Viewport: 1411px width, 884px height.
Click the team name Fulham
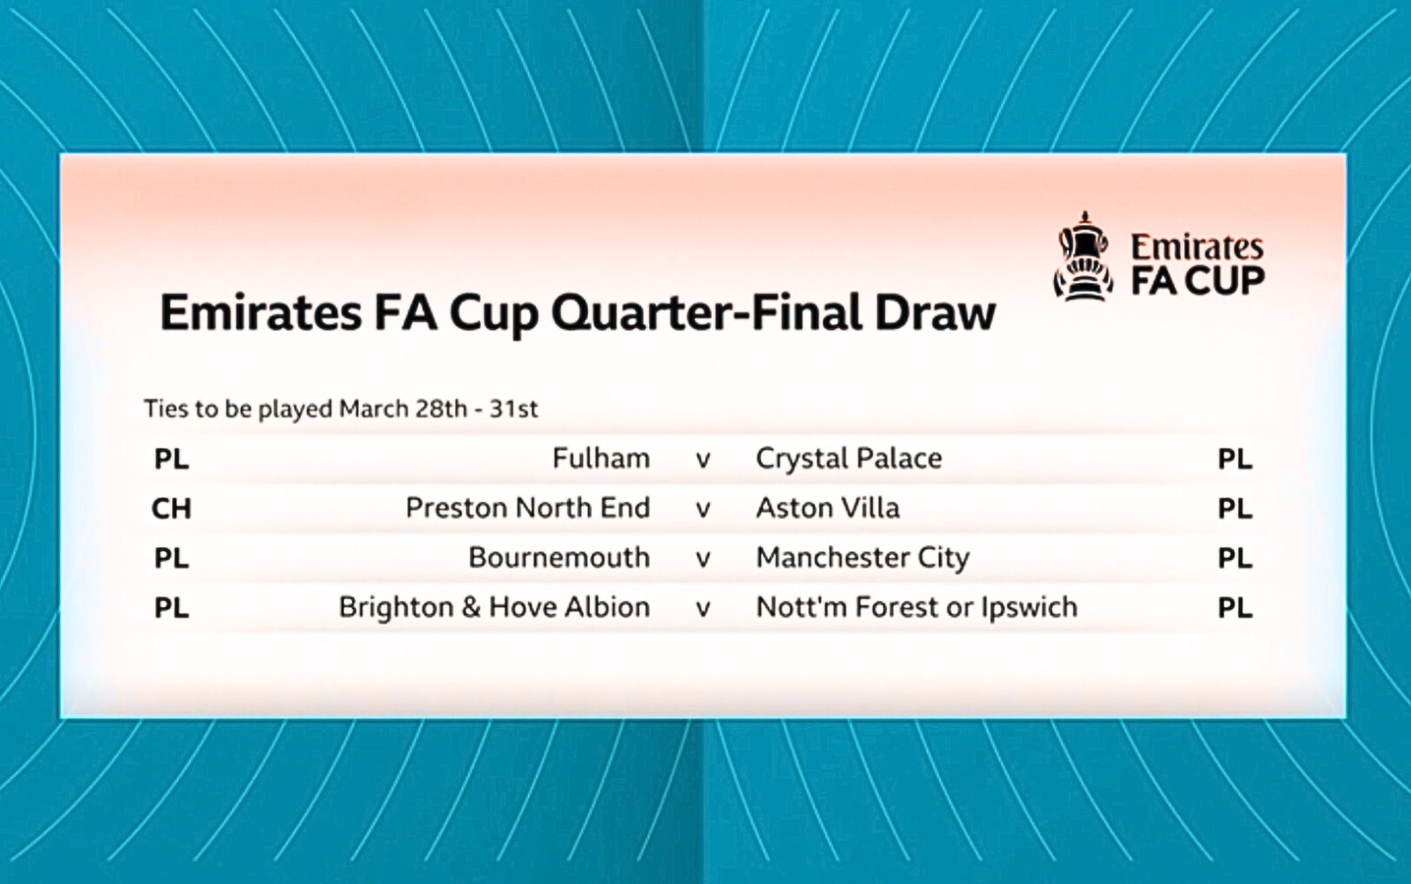point(601,458)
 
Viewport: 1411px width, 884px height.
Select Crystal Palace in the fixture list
point(848,459)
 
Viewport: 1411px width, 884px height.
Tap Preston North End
point(528,508)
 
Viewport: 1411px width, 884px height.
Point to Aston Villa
point(828,508)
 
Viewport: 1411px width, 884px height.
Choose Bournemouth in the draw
point(559,558)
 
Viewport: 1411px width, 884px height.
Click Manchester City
point(862,558)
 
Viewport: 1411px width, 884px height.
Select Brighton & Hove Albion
point(495,607)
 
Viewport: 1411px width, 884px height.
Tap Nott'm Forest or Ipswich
point(916,607)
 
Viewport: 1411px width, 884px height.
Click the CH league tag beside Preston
point(171,508)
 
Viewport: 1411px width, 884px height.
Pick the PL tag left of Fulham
point(171,460)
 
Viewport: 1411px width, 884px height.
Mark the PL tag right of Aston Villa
point(1235,508)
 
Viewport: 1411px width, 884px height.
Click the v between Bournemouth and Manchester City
point(703,559)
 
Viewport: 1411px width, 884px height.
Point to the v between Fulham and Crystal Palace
point(703,460)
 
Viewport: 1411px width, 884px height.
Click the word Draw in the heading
point(936,313)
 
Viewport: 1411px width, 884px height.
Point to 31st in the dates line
point(514,409)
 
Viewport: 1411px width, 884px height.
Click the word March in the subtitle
point(374,409)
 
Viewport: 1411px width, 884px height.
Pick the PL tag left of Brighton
point(171,608)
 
